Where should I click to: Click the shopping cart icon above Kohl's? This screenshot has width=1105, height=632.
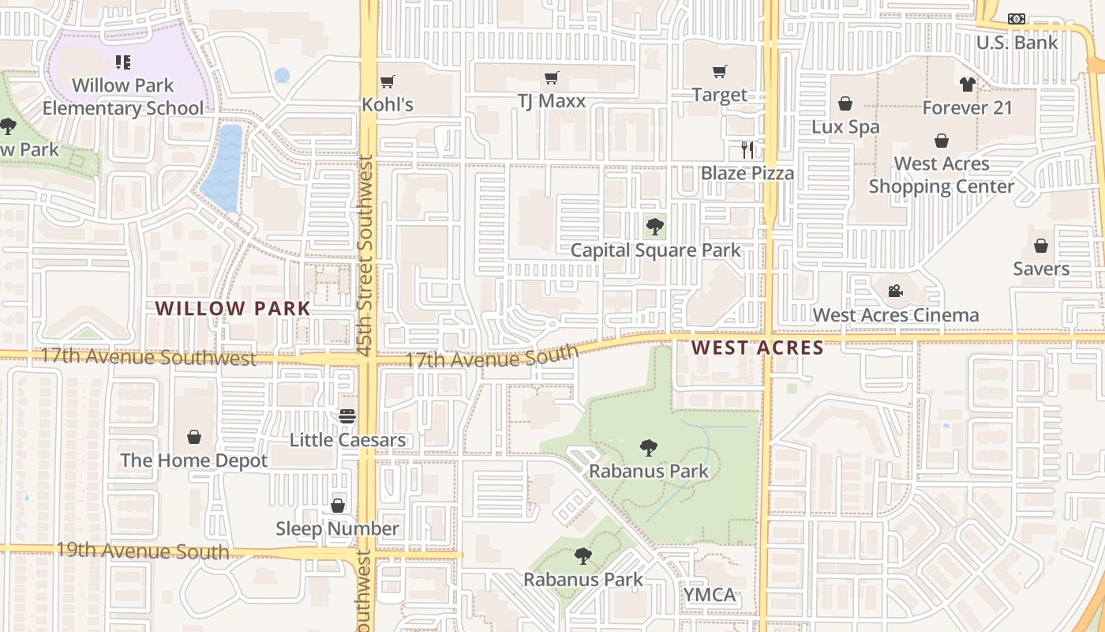click(387, 81)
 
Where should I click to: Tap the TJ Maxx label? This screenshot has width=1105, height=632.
click(552, 101)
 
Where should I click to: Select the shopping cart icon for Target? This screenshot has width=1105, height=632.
click(719, 72)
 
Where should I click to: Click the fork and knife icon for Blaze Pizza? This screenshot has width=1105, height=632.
click(747, 149)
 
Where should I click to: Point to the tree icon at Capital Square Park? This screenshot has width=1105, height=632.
click(654, 227)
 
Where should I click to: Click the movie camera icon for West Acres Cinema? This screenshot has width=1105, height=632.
click(895, 292)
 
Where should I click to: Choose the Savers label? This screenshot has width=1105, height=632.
click(1041, 269)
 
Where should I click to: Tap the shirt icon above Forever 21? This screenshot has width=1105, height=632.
click(968, 85)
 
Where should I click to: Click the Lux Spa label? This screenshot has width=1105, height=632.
click(845, 126)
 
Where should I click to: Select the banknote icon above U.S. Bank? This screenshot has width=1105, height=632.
click(1016, 19)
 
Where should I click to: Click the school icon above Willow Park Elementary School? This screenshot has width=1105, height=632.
click(122, 62)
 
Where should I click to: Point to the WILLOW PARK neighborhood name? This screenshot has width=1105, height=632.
click(233, 308)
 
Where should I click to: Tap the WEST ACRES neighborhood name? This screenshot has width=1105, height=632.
click(758, 348)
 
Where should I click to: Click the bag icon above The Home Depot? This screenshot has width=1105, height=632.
click(194, 437)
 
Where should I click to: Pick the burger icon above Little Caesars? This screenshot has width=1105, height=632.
click(347, 416)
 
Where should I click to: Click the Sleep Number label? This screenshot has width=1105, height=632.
click(337, 529)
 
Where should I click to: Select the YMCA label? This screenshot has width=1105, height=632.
click(709, 595)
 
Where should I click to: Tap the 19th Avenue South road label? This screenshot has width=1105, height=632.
click(143, 551)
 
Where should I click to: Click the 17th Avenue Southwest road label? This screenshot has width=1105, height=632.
click(149, 357)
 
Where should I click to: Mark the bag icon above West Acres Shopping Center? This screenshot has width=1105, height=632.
click(941, 141)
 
